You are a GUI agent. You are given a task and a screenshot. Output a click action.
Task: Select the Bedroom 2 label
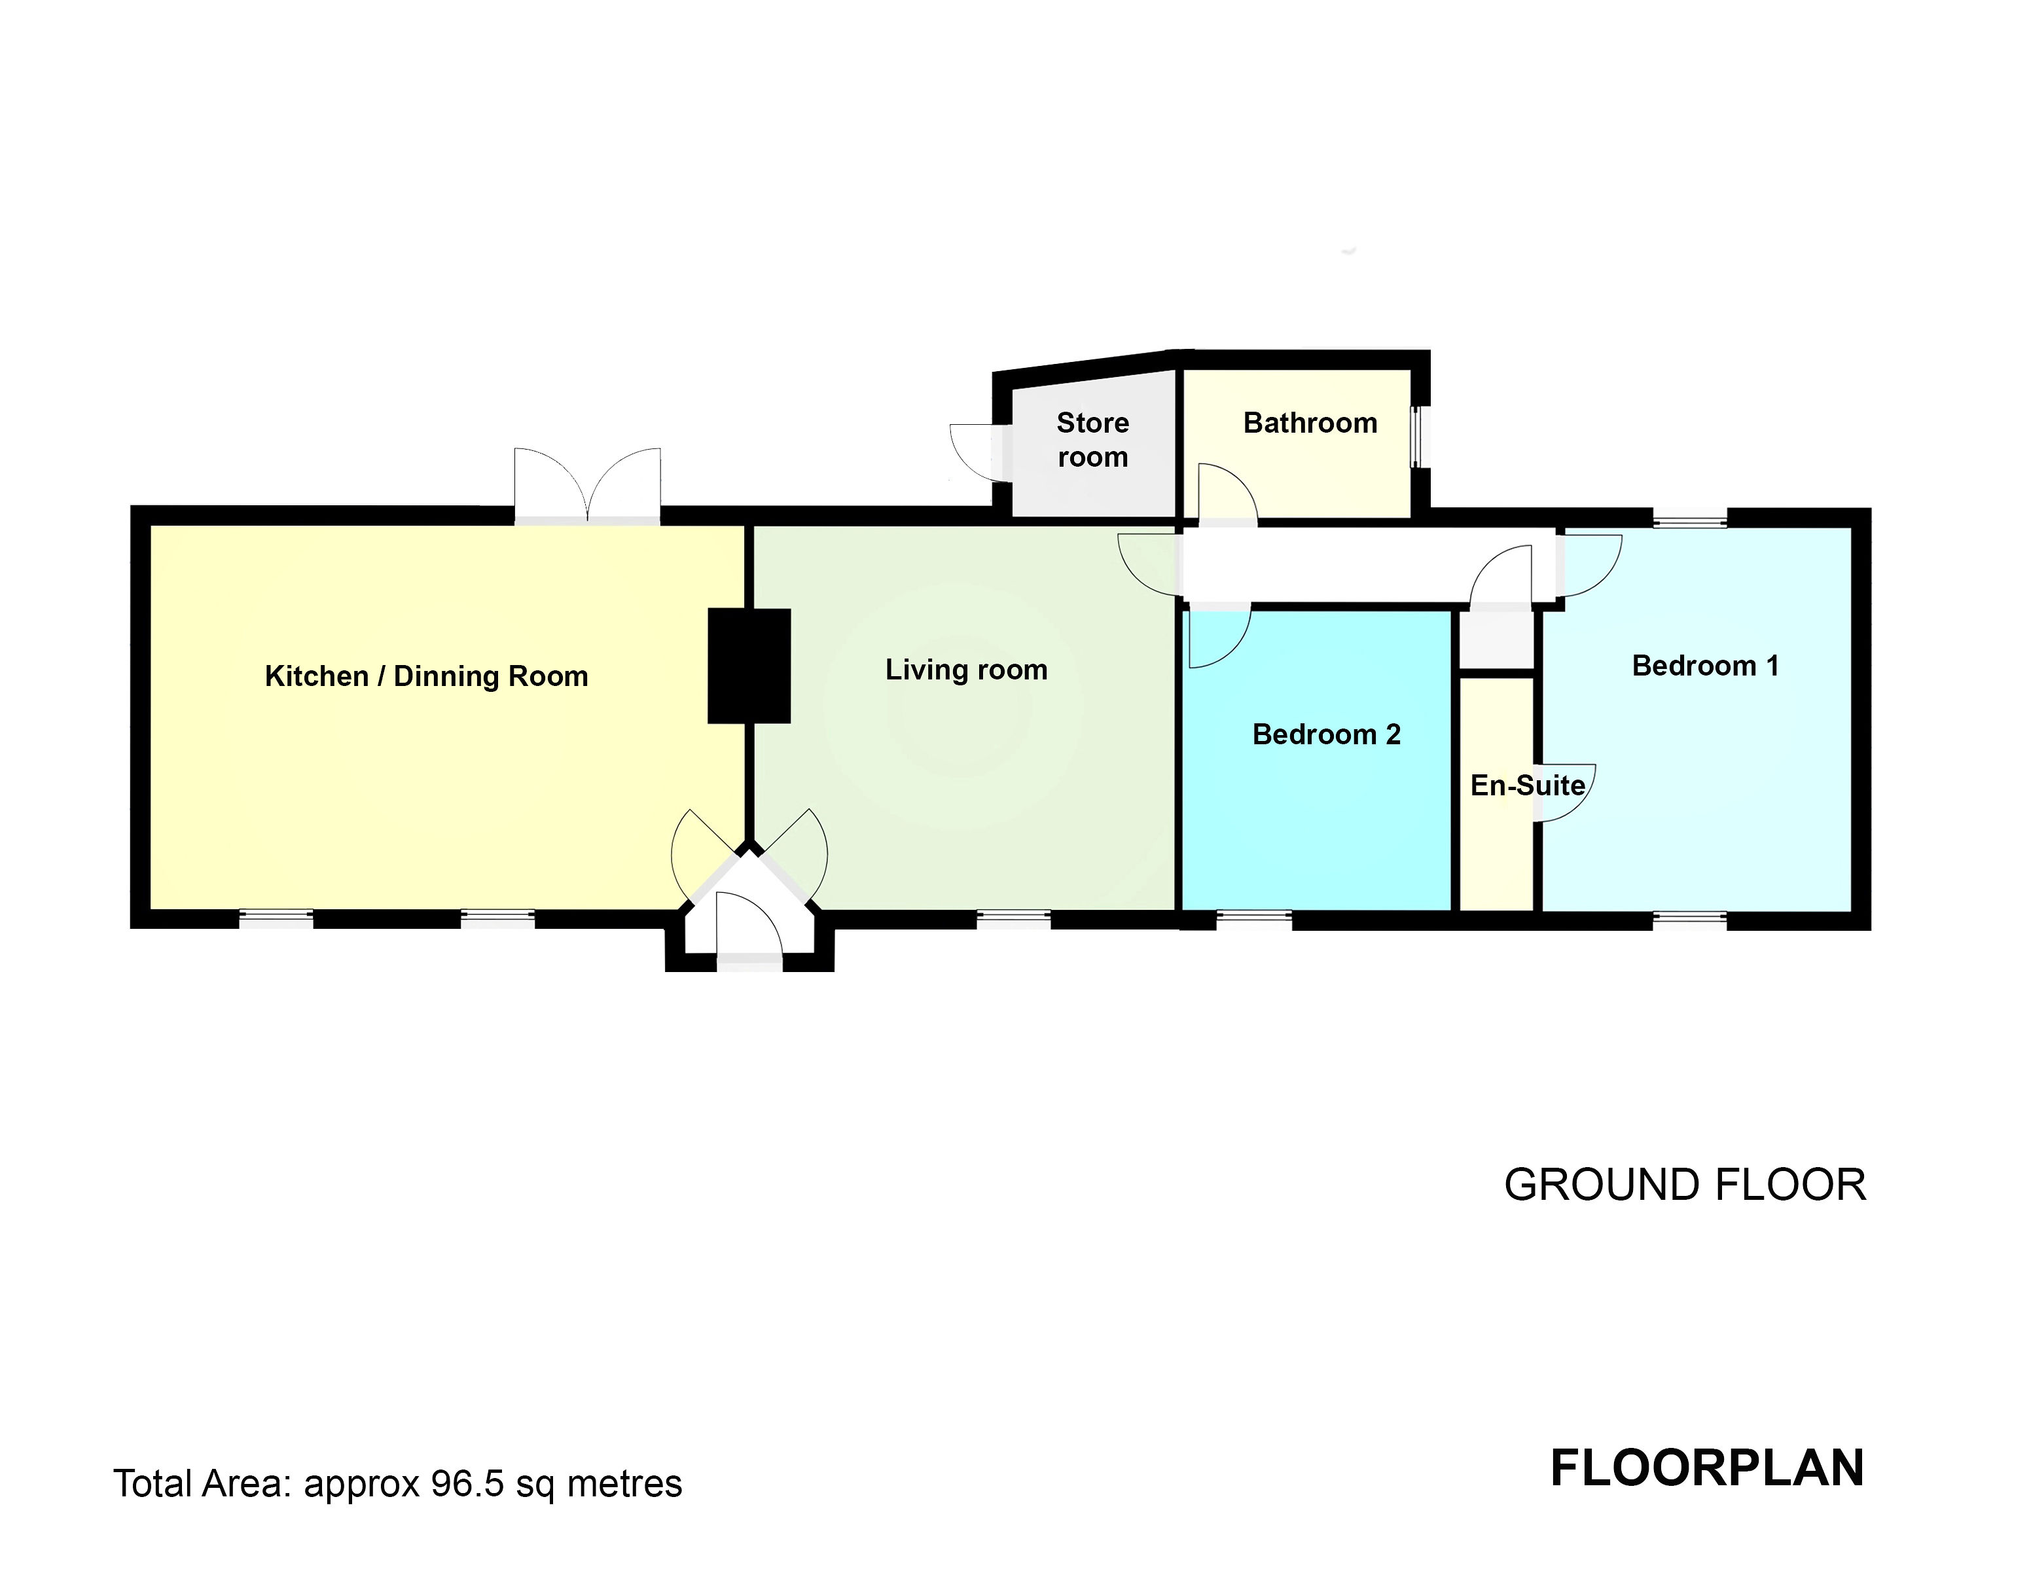point(1325,734)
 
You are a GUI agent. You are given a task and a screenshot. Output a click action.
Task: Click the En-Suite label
point(1527,785)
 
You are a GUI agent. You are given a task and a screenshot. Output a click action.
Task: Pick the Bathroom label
point(1310,423)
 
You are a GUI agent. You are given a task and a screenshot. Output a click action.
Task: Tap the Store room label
point(1092,440)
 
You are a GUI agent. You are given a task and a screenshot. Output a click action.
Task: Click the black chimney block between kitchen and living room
point(749,666)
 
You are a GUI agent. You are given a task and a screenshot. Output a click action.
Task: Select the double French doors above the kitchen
point(587,488)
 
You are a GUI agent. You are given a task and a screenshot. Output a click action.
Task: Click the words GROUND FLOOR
point(1684,1185)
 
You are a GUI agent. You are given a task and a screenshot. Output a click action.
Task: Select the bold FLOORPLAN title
point(1706,1469)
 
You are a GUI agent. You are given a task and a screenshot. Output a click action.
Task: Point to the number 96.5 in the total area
point(467,1484)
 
